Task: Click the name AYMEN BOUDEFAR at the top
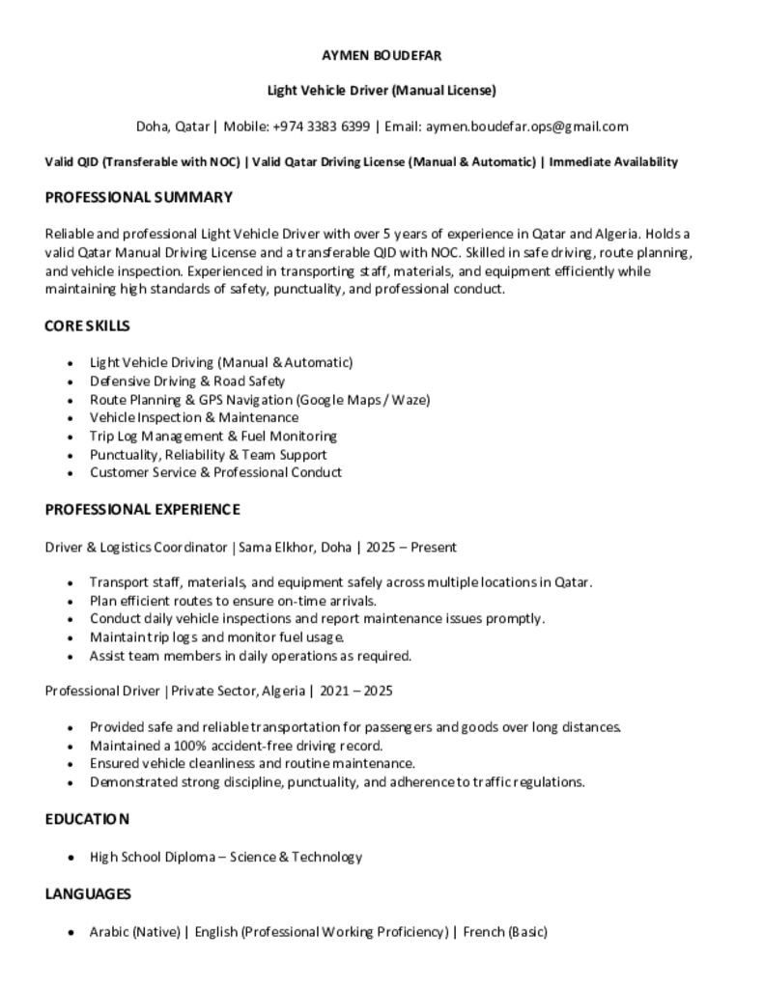(x=382, y=55)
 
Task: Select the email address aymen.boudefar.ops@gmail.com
(x=526, y=127)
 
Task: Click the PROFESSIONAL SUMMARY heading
(x=138, y=198)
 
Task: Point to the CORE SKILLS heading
(x=87, y=326)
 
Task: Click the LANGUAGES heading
(x=88, y=894)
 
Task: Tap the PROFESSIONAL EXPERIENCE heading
(x=142, y=510)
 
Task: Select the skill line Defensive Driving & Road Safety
(x=187, y=381)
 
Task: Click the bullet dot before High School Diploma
(x=71, y=858)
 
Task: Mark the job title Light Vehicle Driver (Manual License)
(x=382, y=91)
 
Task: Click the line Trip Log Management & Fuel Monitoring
(x=212, y=437)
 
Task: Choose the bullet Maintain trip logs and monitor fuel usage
(x=216, y=637)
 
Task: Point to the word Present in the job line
(x=434, y=548)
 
